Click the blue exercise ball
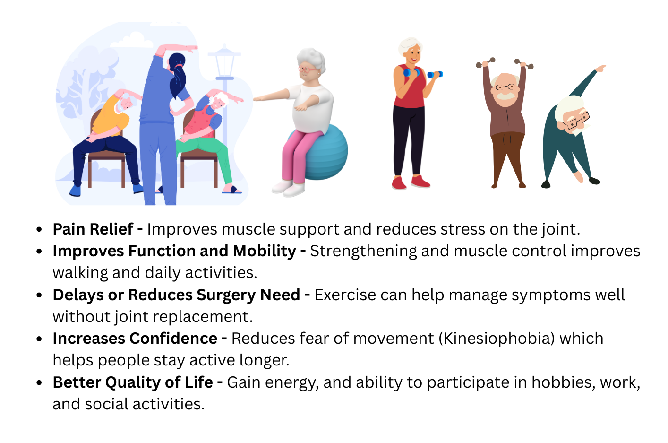(328, 152)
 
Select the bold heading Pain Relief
(93, 229)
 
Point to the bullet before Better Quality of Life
(39, 382)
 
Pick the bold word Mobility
(265, 252)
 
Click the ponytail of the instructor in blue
(178, 77)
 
